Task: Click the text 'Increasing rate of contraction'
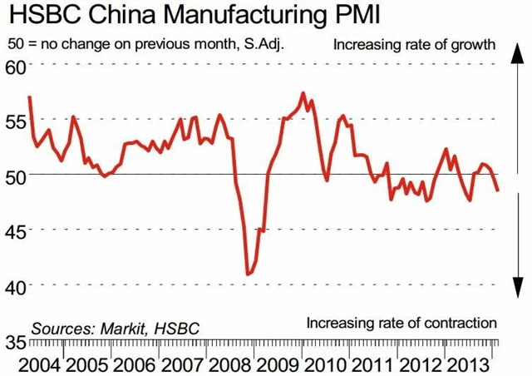(x=401, y=323)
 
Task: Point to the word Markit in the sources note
(x=121, y=328)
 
